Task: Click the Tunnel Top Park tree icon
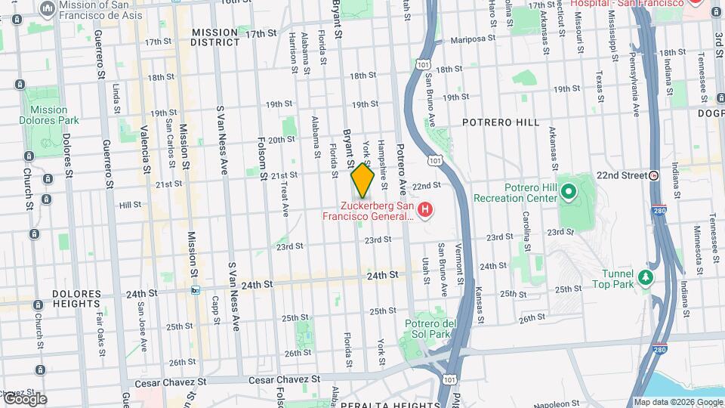pyautogui.click(x=645, y=278)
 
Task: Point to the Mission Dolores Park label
pyautogui.click(x=49, y=115)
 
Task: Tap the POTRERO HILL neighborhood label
pyautogui.click(x=501, y=122)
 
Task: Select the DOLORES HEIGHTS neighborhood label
pyautogui.click(x=76, y=298)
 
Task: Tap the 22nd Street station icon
pyautogui.click(x=654, y=175)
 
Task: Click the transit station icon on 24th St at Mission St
pyautogui.click(x=196, y=290)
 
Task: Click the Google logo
pyautogui.click(x=24, y=399)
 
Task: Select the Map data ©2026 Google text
pyautogui.click(x=677, y=402)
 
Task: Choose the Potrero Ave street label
pyautogui.click(x=401, y=162)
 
